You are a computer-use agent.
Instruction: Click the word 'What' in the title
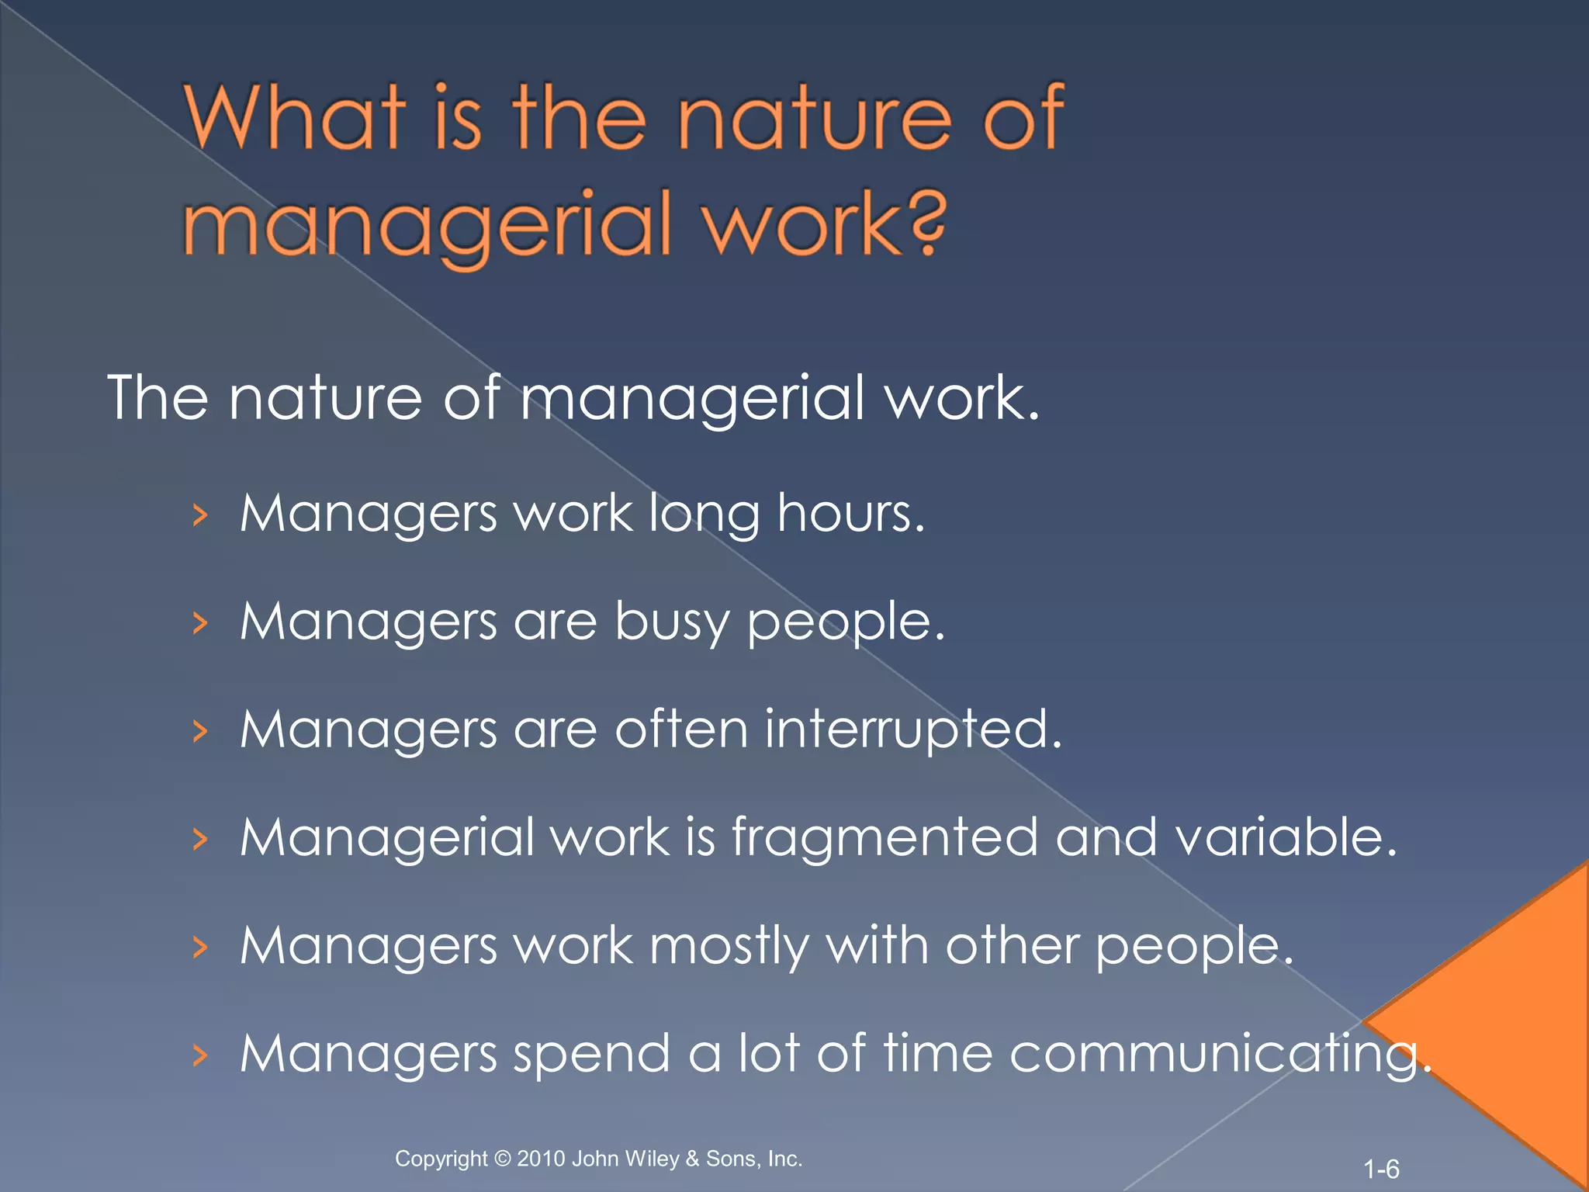point(295,118)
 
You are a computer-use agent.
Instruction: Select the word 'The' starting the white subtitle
point(158,398)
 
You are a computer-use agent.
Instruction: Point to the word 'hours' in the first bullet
point(850,514)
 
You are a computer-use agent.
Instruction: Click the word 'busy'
point(672,622)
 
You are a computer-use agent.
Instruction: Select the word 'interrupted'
point(912,730)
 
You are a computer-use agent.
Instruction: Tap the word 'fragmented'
point(885,838)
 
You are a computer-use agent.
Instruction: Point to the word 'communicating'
point(1218,1055)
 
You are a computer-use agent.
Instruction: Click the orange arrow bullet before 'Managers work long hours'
point(200,515)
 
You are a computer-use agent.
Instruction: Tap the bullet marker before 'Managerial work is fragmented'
point(200,840)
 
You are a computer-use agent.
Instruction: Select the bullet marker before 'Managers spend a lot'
point(200,1055)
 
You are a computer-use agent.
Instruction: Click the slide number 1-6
point(1381,1169)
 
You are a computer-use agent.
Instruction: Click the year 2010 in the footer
point(542,1159)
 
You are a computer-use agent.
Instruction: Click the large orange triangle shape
point(1513,1024)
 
